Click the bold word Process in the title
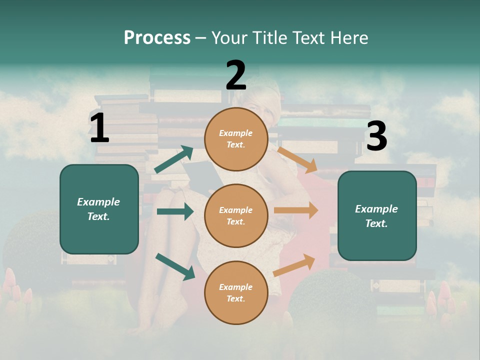pos(157,37)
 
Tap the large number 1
pos(99,128)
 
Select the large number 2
pos(236,75)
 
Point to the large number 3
pos(376,136)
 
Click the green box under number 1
pos(99,209)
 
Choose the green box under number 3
pos(377,215)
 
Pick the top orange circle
pos(236,139)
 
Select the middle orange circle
pos(236,215)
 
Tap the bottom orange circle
pos(236,292)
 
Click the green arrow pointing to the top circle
pos(173,159)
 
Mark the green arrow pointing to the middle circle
pos(175,211)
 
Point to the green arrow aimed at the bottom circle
pos(175,266)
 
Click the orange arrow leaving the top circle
pos(297,159)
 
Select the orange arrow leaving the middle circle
pos(296,210)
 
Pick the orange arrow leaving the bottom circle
pos(294,265)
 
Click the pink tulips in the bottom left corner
pos(15,290)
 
